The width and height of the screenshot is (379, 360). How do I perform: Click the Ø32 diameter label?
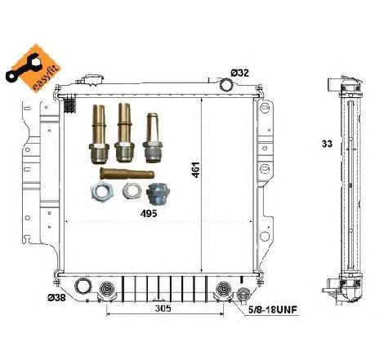(x=239, y=73)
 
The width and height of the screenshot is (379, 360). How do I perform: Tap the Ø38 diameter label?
(x=56, y=298)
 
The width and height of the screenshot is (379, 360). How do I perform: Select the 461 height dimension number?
(x=196, y=170)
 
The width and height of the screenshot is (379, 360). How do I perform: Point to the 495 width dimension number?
(x=149, y=214)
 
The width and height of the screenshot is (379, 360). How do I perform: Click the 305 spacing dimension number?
(x=163, y=309)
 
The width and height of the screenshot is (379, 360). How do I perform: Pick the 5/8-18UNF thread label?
(x=273, y=310)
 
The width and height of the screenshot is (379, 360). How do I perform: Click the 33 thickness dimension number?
(x=327, y=144)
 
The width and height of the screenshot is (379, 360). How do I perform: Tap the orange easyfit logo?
(x=33, y=68)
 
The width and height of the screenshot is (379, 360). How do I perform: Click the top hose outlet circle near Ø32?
(x=226, y=84)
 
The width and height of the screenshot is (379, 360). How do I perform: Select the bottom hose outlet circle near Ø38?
(x=83, y=287)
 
